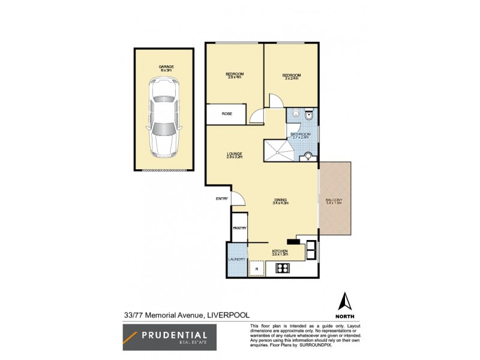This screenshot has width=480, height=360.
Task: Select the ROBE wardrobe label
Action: pyautogui.click(x=227, y=113)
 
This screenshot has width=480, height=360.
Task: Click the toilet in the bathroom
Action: pyautogui.click(x=308, y=115)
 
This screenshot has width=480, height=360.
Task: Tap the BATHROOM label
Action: pyautogui.click(x=300, y=134)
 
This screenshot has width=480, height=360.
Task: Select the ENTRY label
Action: pyautogui.click(x=223, y=199)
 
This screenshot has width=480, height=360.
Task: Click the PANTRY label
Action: pyautogui.click(x=239, y=228)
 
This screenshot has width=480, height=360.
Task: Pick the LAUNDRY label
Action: pyautogui.click(x=236, y=259)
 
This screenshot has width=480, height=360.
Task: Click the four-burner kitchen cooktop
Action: pyautogui.click(x=283, y=268)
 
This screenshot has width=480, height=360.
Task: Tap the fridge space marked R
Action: pyautogui.click(x=257, y=269)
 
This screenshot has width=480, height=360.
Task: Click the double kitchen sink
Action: pyautogui.click(x=311, y=250)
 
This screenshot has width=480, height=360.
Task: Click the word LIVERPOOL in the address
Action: pyautogui.click(x=229, y=314)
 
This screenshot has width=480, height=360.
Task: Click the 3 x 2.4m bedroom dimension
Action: pyautogui.click(x=292, y=78)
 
